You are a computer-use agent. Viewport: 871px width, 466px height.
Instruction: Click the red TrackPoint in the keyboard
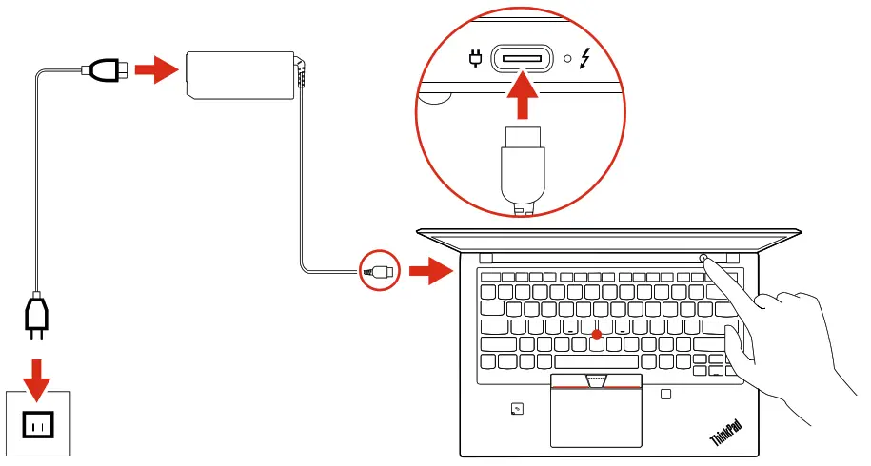click(x=596, y=334)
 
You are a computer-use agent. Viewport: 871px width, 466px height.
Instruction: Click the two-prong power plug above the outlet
click(x=36, y=319)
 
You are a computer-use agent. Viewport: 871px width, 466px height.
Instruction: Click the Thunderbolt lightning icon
click(x=584, y=59)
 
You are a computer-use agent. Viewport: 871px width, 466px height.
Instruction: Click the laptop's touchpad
click(x=596, y=414)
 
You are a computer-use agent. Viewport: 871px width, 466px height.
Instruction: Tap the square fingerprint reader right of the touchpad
click(x=666, y=394)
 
